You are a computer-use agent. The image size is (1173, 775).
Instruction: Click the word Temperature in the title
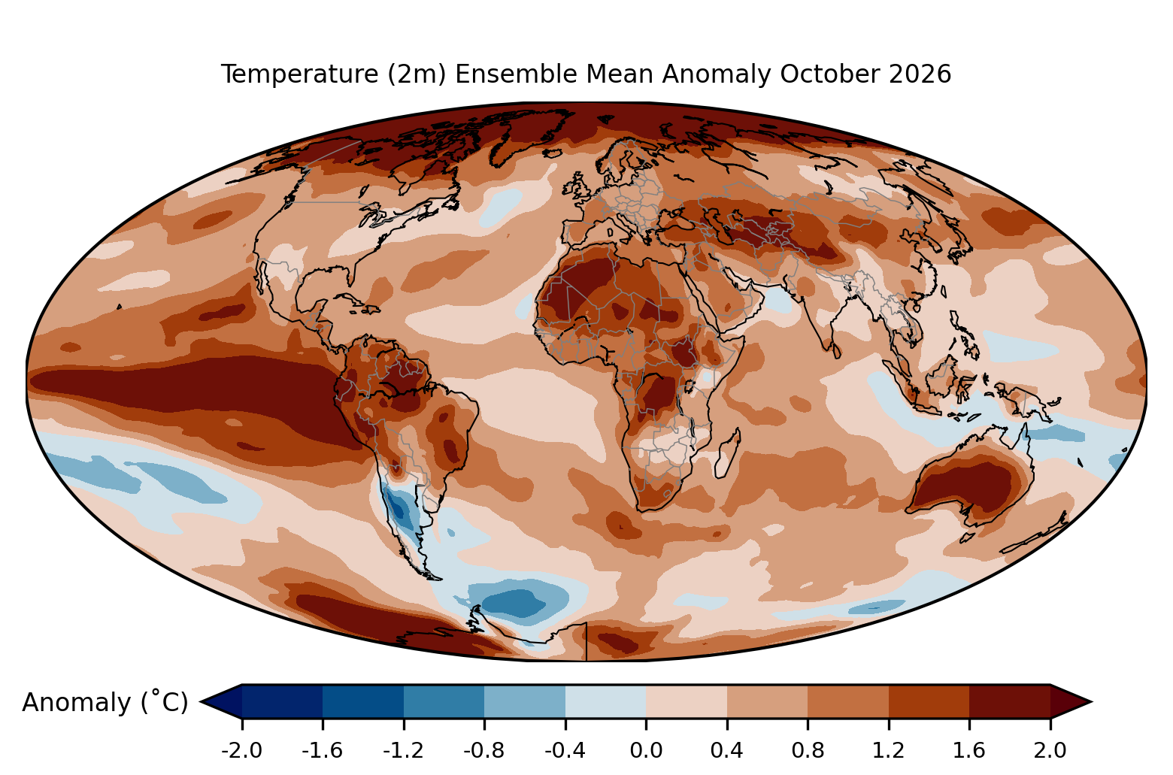tap(299, 74)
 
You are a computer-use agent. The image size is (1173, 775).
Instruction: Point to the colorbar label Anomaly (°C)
tap(105, 702)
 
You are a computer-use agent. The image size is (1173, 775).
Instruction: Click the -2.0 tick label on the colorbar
tap(241, 751)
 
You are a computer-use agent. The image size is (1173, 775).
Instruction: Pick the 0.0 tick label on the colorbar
tap(646, 751)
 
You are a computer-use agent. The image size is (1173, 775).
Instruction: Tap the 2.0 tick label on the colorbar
tap(1050, 751)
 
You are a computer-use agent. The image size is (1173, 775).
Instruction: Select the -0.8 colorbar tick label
tap(484, 751)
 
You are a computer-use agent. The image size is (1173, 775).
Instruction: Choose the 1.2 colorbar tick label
tap(889, 751)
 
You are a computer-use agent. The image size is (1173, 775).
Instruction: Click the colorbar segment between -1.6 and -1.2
tap(363, 701)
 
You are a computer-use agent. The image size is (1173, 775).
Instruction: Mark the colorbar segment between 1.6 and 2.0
tap(1010, 701)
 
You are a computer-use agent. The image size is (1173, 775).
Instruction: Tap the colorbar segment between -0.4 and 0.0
tap(605, 701)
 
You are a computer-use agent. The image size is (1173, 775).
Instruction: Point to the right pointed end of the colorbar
tap(1091, 701)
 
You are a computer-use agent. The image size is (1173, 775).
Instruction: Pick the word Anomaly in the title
tap(717, 74)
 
